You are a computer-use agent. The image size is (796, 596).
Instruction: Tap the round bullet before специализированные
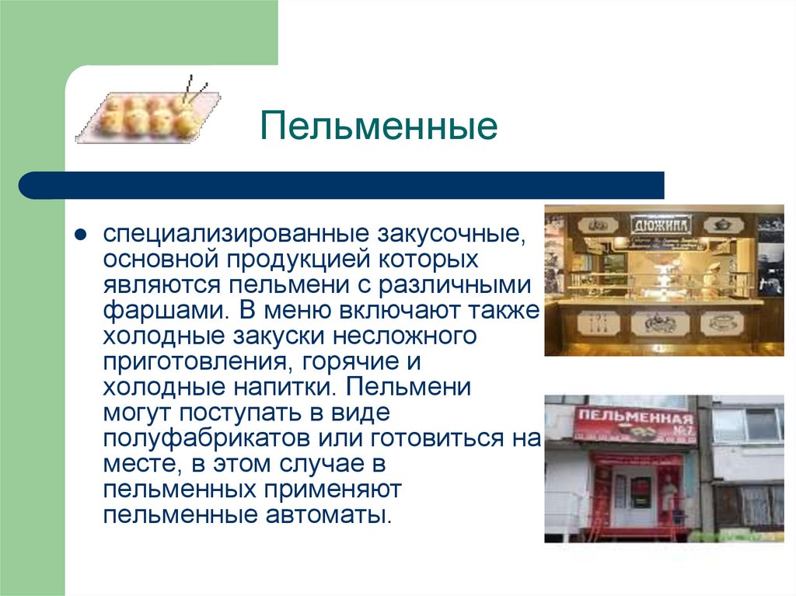point(79,234)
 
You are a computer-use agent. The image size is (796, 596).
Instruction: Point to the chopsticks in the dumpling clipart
point(194,90)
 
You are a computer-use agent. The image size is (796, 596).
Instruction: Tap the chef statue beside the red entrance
point(668,497)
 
